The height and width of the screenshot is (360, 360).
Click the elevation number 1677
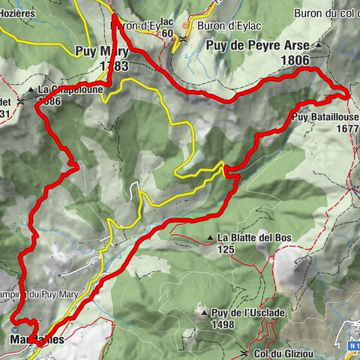[x=346, y=128]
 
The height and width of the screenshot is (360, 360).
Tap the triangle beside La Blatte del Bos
[x=210, y=238]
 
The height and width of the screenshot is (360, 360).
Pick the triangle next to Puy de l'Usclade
[x=201, y=309]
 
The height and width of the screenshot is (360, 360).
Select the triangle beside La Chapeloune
[x=31, y=90]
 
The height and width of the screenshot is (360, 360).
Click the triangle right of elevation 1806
[x=318, y=46]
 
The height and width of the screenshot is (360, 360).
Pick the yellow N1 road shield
[x=352, y=346]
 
